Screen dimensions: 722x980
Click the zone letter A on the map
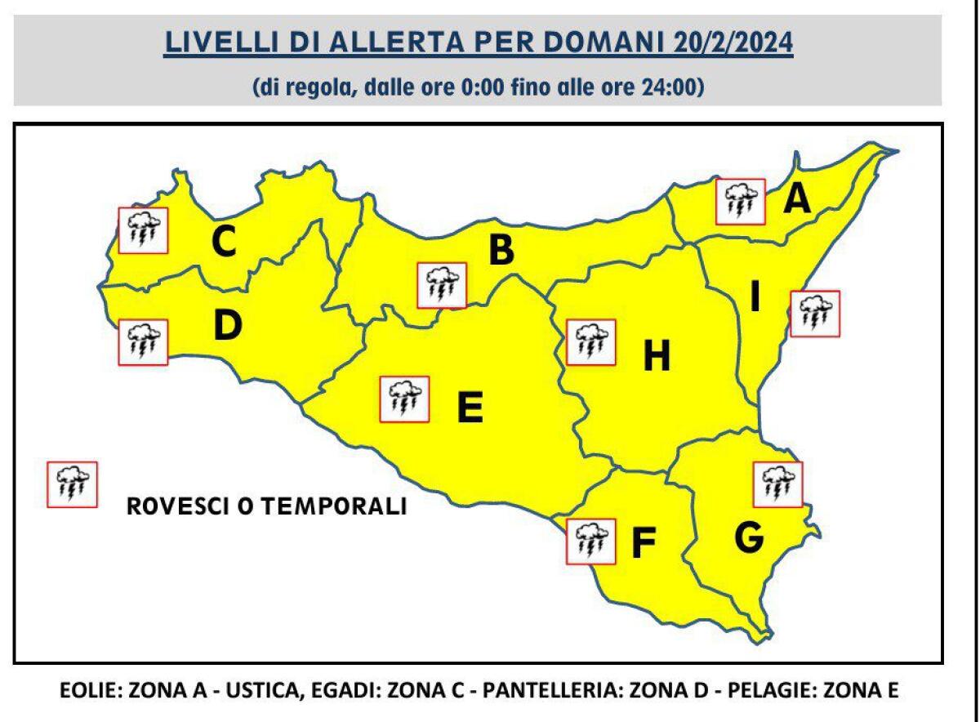tap(798, 198)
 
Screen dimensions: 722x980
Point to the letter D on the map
tap(228, 327)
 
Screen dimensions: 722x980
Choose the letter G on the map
tap(749, 537)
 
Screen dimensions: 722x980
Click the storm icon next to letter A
tap(740, 201)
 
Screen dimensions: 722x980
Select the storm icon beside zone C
tap(143, 230)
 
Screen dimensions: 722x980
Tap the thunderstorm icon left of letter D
tap(143, 341)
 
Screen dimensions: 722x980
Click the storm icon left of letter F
tap(590, 540)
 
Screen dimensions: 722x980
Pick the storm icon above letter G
tap(778, 484)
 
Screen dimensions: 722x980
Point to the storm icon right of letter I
tap(815, 313)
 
